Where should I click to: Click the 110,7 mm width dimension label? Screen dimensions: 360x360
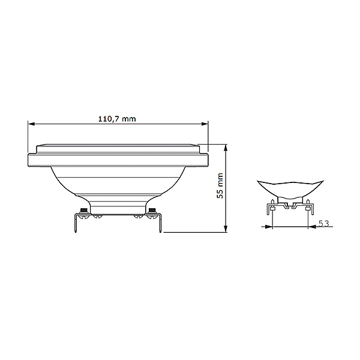[118, 119]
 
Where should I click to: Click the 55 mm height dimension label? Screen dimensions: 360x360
[220, 185]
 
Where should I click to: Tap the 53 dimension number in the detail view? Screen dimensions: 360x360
[324, 223]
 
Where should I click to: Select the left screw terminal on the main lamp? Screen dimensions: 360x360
[82, 210]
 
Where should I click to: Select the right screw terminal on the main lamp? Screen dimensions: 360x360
[153, 210]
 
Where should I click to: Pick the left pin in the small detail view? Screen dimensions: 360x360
[272, 208]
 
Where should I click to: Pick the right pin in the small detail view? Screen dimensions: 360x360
[308, 208]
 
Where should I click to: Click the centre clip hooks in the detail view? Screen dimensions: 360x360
[290, 206]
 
